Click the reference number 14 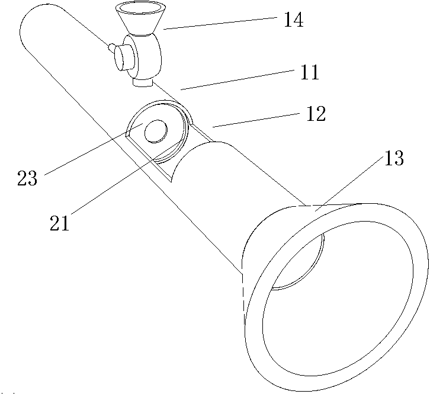[x=293, y=20]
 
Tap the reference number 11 [x=309, y=72]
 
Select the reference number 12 [x=316, y=114]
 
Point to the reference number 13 [x=394, y=158]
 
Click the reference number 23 [x=27, y=178]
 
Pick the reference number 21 [x=59, y=223]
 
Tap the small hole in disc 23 [x=156, y=131]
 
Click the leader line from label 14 [x=219, y=23]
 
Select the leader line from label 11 [x=237, y=80]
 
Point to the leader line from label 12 [x=255, y=120]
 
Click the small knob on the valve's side [x=111, y=47]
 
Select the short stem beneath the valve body [x=142, y=82]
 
